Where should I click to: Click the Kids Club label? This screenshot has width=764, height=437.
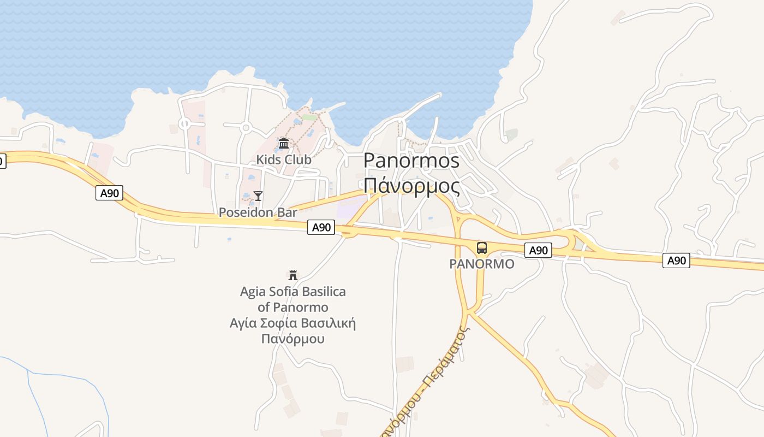pyautogui.click(x=284, y=160)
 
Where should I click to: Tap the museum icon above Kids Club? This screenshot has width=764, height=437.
pyautogui.click(x=284, y=144)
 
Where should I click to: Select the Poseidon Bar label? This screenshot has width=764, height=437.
pyautogui.click(x=258, y=212)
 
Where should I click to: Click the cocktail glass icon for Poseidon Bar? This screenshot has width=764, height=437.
pyautogui.click(x=258, y=196)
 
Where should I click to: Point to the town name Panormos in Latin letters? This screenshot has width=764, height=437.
pyautogui.click(x=411, y=160)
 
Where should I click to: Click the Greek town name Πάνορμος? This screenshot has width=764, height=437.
pyautogui.click(x=411, y=186)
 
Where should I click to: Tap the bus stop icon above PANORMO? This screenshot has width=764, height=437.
pyautogui.click(x=481, y=248)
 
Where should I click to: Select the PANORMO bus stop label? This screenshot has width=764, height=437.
pyautogui.click(x=481, y=264)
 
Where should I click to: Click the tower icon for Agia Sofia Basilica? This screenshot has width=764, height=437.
pyautogui.click(x=293, y=275)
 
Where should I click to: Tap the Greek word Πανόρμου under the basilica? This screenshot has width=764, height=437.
pyautogui.click(x=293, y=339)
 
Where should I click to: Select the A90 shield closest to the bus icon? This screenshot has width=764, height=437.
pyautogui.click(x=539, y=250)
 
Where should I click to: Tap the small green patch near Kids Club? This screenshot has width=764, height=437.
pyautogui.click(x=309, y=117)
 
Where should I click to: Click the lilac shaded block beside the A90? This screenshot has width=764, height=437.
pyautogui.click(x=349, y=210)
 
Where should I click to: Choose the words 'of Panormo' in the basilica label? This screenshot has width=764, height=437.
pyautogui.click(x=293, y=307)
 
